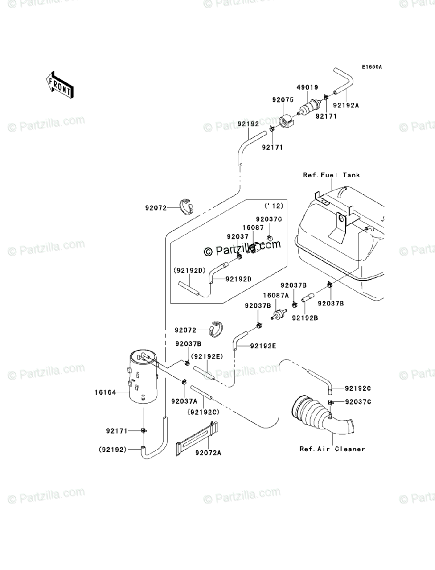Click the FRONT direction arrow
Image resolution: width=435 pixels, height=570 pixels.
pos(60,85)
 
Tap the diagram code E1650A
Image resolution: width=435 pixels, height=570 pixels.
pos(372,67)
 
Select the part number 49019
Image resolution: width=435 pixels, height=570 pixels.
pos(307,87)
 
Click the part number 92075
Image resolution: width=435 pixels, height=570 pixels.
pos(283,100)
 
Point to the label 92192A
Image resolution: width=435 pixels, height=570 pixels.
pos(346,105)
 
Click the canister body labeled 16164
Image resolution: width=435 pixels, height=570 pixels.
pos(143,376)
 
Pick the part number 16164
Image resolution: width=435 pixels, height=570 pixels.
pos(105,392)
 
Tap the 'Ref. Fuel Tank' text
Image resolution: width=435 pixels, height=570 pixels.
pos(331,175)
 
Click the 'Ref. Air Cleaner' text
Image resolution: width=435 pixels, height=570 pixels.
pos(332,449)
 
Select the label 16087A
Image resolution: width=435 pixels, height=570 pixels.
pos(275,295)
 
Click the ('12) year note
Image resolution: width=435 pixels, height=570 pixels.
pos(274,206)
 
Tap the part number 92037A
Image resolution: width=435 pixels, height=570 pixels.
pos(184,401)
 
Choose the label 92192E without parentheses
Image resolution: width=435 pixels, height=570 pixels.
pos(263,346)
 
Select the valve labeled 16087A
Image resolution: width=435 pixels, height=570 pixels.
pos(279,313)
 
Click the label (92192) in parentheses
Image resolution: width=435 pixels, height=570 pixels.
pos(113,449)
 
